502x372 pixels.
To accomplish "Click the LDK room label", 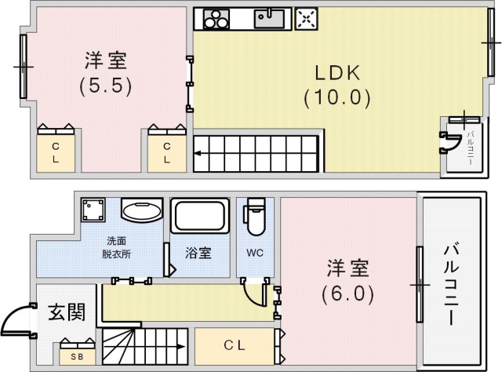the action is pyautogui.click(x=338, y=73).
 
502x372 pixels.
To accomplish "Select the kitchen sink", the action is pyautogui.click(x=269, y=19).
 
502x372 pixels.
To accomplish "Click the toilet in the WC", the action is pyautogui.click(x=255, y=217).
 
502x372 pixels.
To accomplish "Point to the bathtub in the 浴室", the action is pyautogui.click(x=200, y=215).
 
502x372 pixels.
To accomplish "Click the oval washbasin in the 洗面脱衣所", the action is pyautogui.click(x=142, y=211).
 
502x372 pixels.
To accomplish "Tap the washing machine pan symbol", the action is pyautogui.click(x=93, y=210).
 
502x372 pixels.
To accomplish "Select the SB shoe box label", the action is pyautogui.click(x=77, y=356).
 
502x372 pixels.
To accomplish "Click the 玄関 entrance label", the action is pyautogui.click(x=67, y=312).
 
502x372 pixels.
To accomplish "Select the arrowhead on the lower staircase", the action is pyautogui.click(x=181, y=347).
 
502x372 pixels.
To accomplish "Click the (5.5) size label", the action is pyautogui.click(x=106, y=86).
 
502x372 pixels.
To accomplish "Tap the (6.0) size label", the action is pyautogui.click(x=348, y=294).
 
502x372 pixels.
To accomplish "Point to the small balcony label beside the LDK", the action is pyautogui.click(x=470, y=148).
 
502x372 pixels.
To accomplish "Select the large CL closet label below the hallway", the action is pyautogui.click(x=235, y=345).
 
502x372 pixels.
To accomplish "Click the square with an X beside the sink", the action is pyautogui.click(x=306, y=19).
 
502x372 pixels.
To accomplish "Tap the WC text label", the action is pyautogui.click(x=255, y=253).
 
